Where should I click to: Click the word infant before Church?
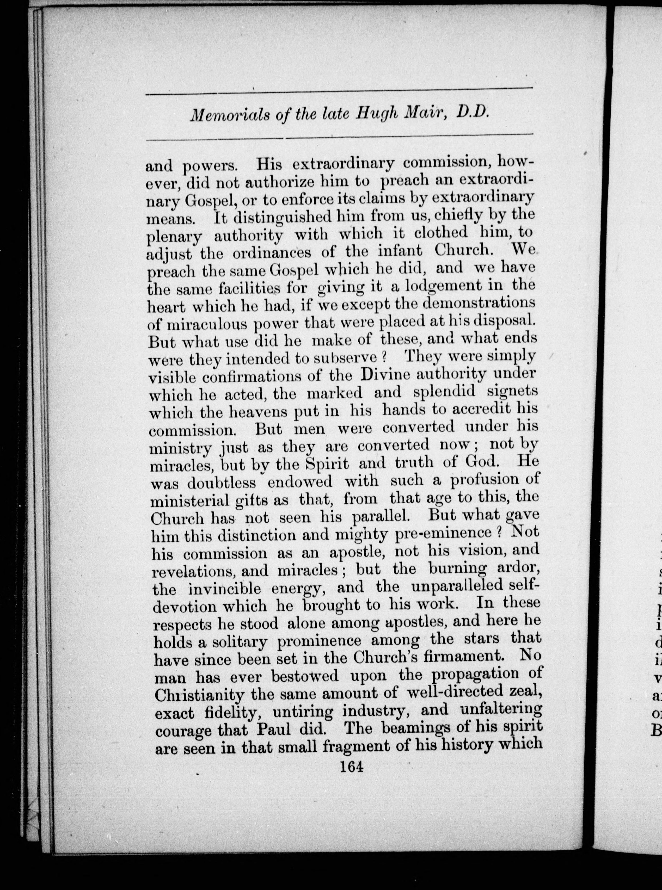(400, 251)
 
